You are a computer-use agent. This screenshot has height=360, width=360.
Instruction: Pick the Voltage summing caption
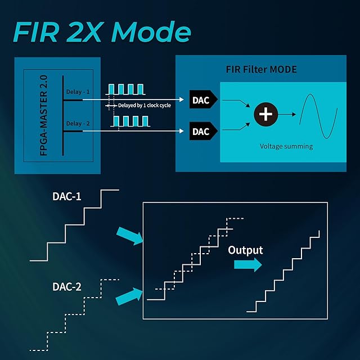286,146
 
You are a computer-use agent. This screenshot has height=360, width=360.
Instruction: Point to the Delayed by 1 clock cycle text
145,105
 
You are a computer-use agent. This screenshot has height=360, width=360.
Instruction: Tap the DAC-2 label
67,287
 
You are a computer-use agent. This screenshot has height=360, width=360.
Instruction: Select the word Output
245,250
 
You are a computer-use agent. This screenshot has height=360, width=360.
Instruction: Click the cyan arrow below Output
249,265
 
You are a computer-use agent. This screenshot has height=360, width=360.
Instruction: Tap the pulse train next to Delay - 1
127,89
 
